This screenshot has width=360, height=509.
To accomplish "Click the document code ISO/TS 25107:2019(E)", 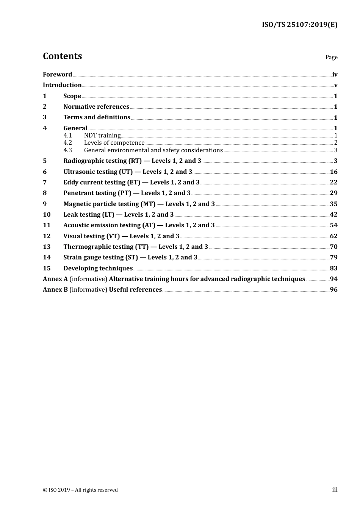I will [x=299, y=25].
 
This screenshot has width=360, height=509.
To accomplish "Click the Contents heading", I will [x=62, y=56].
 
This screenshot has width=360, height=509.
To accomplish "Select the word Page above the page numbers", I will [x=331, y=57].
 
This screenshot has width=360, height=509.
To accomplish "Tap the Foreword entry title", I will [x=57, y=75].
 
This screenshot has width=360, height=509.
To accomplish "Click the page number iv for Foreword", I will [x=335, y=75].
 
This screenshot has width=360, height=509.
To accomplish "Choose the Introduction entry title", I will [x=62, y=85].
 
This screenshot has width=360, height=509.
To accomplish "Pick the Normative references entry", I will [x=96, y=107].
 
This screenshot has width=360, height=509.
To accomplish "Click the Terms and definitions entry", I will [x=97, y=117].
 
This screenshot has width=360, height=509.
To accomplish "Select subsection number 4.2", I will [x=67, y=143].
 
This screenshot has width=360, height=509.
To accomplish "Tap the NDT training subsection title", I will [x=102, y=136].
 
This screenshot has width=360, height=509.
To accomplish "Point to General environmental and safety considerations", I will [x=153, y=150].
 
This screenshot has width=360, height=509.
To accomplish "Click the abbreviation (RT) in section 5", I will [x=135, y=161].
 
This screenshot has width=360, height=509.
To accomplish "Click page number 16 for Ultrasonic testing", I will [x=333, y=172].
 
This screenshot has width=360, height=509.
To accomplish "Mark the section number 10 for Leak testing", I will [x=47, y=215].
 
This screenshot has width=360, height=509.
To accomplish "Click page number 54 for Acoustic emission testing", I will [x=333, y=225].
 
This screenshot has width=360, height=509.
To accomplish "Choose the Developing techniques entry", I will [x=98, y=269].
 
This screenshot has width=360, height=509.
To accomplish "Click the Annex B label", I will [x=55, y=290].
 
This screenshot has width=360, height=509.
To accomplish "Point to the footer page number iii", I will [x=335, y=490].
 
